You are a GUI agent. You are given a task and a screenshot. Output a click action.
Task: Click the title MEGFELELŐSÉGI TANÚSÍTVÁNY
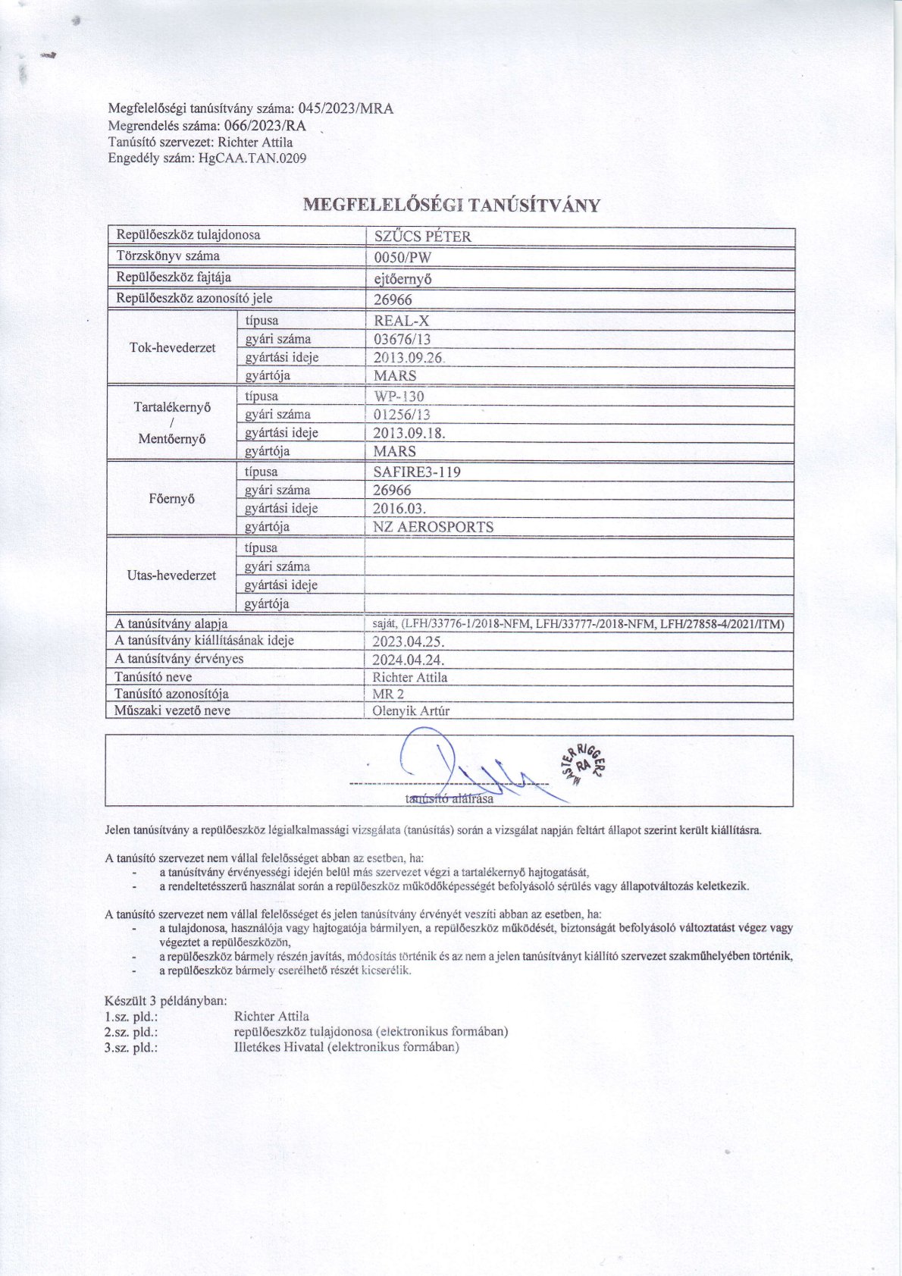point(451,205)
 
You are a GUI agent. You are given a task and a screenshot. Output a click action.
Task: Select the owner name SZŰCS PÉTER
point(422,237)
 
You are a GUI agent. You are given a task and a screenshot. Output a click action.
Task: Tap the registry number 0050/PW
point(402,257)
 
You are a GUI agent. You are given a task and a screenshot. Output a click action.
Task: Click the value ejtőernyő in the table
point(402,278)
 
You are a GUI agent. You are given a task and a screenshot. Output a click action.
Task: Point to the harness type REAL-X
point(402,321)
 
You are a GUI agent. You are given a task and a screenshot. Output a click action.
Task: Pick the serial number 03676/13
point(402,339)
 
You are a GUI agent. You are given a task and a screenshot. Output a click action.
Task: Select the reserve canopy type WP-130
point(399,397)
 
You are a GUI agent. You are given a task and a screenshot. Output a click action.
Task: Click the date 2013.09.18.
point(409,433)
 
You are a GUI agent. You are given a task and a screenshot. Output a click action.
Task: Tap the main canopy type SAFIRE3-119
point(418,472)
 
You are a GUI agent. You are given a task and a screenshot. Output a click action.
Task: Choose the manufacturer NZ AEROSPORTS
point(434,527)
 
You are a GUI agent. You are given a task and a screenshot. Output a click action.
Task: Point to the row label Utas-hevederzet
point(172,575)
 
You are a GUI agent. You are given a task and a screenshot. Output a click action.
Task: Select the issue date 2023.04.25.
point(409,641)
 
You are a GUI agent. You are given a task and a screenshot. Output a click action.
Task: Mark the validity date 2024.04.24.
point(409,660)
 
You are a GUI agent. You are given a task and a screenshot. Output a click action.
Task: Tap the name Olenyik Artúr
point(412,711)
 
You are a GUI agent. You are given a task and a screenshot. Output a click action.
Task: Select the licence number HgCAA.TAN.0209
point(252,158)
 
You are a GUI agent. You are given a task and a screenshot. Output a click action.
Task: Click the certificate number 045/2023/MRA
point(346,108)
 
